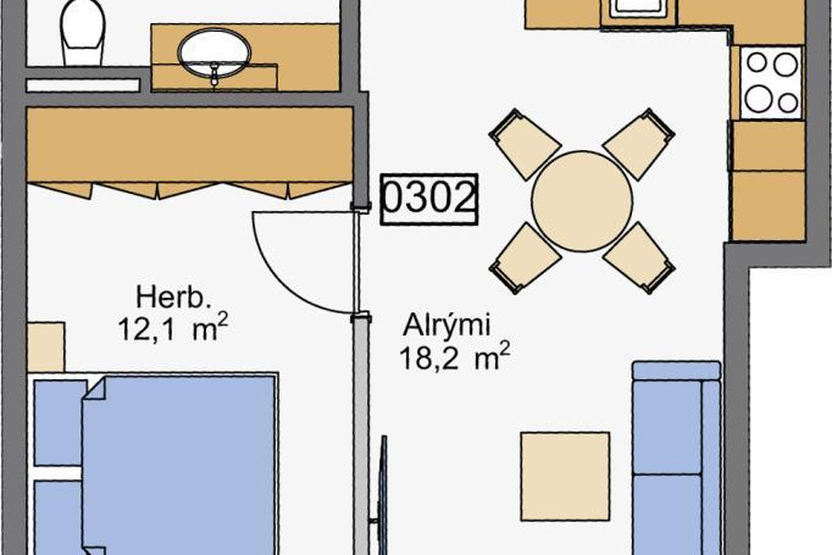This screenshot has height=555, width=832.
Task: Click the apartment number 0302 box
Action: pyautogui.click(x=429, y=199)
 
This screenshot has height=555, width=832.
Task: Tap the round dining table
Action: pyautogui.click(x=582, y=201)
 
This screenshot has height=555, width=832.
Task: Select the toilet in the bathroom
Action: pyautogui.click(x=83, y=33)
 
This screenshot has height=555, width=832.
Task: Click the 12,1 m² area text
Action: pyautogui.click(x=172, y=328)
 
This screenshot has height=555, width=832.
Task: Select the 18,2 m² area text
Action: pyautogui.click(x=454, y=357)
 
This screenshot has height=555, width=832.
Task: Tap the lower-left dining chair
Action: pyautogui.click(x=525, y=258)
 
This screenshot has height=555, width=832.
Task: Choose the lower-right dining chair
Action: pyautogui.click(x=639, y=258)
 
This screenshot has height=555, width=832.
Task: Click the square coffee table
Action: pyautogui.click(x=565, y=476)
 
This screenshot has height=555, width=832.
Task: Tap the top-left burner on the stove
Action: pyautogui.click(x=757, y=63)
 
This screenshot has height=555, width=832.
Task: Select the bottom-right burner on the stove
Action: pyautogui.click(x=788, y=103)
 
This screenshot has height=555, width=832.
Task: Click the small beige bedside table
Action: pyautogui.click(x=46, y=346)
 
